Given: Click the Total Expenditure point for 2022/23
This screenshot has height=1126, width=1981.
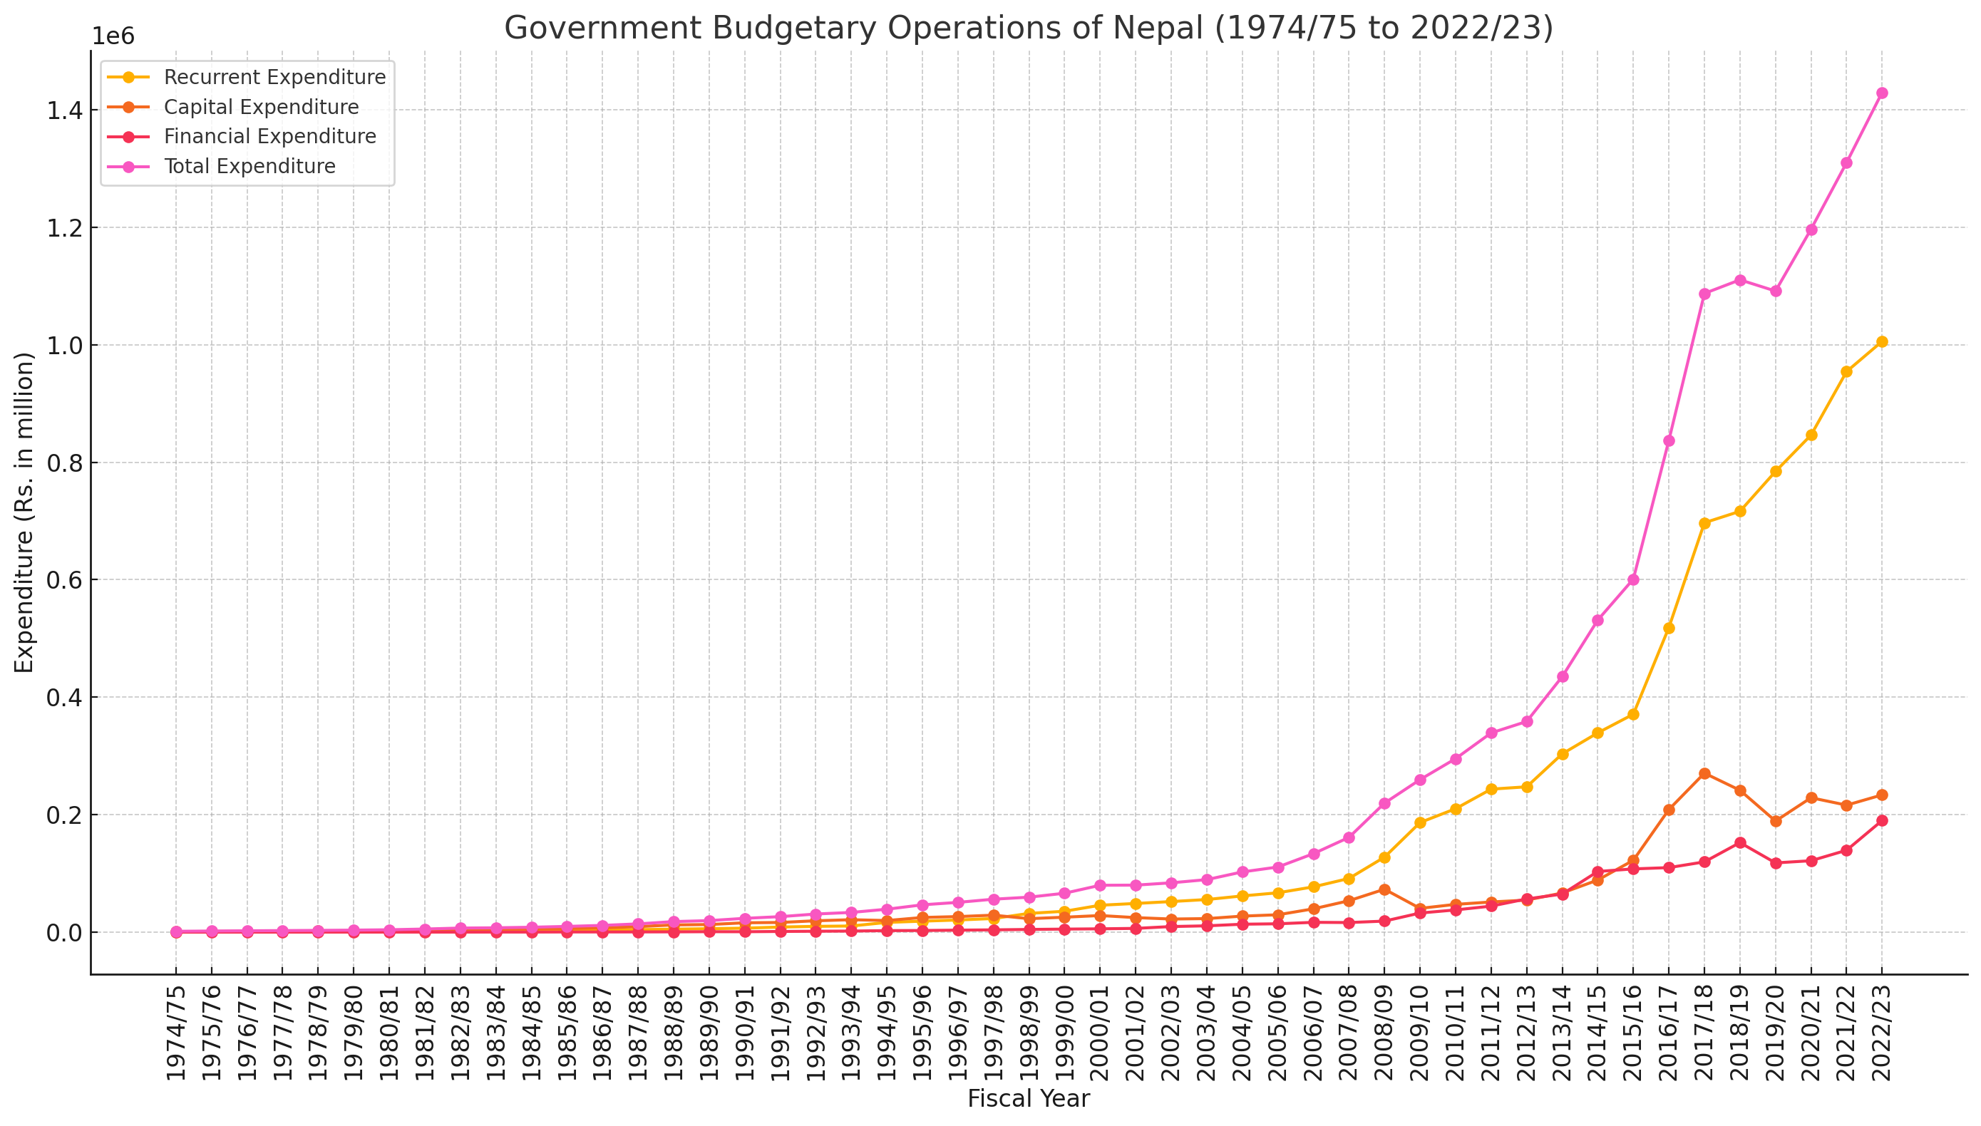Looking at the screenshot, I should [1881, 93].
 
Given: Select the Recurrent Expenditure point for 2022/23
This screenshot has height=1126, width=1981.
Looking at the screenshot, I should [1881, 342].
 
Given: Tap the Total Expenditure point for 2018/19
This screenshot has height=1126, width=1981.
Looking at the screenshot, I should [1739, 280].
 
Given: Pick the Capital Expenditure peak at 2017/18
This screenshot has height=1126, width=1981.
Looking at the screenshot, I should [1704, 773].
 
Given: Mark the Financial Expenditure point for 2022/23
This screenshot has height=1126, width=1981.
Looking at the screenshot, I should [1881, 820].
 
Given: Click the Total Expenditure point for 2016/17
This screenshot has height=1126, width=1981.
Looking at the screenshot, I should [1669, 441].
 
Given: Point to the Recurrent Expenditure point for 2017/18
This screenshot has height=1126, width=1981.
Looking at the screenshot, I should [1704, 523].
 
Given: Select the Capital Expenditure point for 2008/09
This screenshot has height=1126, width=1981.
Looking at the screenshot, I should [1384, 889].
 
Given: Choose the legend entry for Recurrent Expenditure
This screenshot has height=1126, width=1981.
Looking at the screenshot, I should [274, 78].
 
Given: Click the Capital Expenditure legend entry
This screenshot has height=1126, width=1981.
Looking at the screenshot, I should [262, 107].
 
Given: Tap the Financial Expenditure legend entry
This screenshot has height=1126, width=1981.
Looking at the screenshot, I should [270, 136].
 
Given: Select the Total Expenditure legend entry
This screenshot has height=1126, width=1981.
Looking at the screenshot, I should [249, 166].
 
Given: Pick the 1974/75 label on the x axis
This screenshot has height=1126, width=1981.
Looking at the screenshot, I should [176, 1033].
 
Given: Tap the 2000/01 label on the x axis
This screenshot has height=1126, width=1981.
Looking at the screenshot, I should [1100, 1033].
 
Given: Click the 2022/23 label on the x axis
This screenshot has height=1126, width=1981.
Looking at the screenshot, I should [1881, 1033].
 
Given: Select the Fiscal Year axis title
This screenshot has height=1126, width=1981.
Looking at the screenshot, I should [1028, 1098].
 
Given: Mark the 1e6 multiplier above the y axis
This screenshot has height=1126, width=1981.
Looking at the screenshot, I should [113, 36].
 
